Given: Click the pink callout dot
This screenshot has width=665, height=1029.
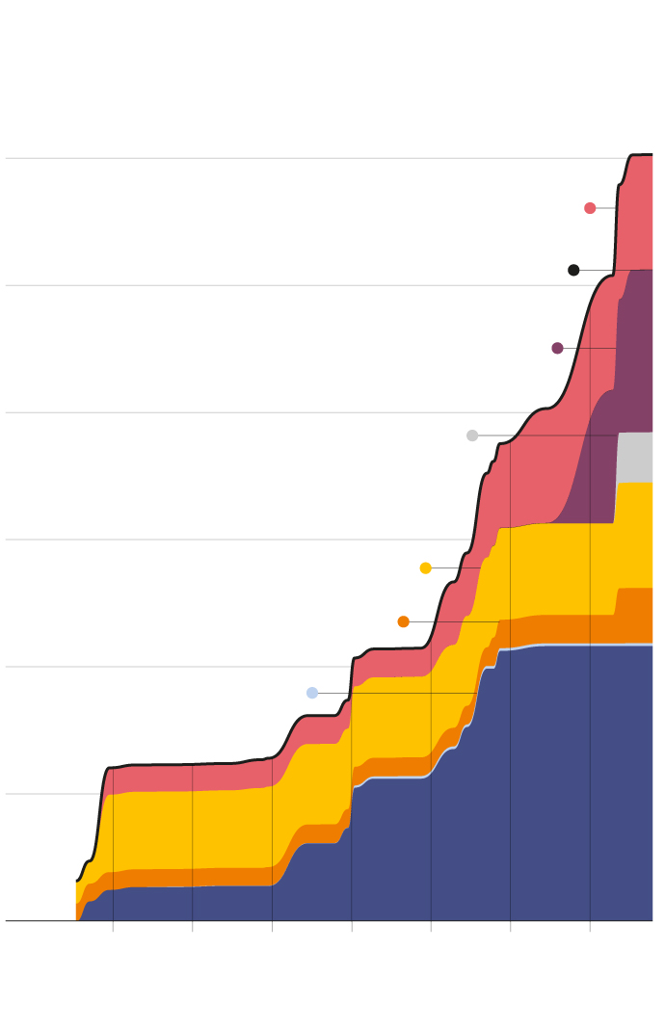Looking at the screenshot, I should tap(590, 208).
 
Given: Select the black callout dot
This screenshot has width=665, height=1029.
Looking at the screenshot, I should tap(573, 270).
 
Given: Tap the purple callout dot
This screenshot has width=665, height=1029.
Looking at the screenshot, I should tap(557, 348).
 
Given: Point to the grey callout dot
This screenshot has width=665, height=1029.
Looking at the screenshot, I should tap(472, 435).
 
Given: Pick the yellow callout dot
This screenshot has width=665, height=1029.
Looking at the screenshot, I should tap(425, 567).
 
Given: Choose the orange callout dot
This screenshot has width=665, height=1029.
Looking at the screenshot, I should tap(403, 621).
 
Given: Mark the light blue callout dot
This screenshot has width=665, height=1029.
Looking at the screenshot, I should tap(312, 693).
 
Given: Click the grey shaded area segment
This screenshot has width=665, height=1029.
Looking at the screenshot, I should tap(634, 458).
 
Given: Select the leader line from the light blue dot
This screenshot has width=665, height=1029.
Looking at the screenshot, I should tap(395, 693).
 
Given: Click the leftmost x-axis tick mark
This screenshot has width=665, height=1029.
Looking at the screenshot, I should tap(113, 926).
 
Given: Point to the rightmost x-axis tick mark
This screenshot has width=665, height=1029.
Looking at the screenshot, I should tap(590, 926).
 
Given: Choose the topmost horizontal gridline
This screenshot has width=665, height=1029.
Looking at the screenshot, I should tap(289, 158).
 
